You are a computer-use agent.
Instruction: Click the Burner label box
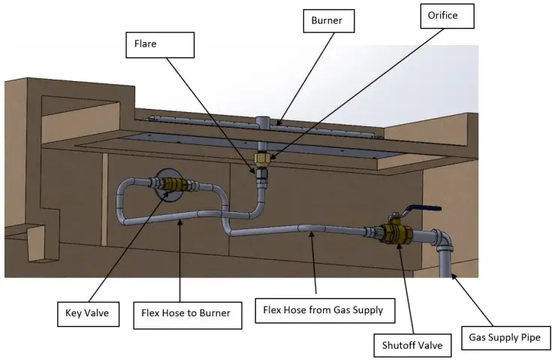click(x=327, y=20)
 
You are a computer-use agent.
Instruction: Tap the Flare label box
click(x=159, y=44)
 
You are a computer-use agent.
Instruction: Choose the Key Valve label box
click(x=89, y=313)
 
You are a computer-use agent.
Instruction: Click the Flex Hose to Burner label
click(x=186, y=313)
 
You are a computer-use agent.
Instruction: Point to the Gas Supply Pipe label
click(x=504, y=337)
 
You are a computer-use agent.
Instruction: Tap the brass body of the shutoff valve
click(x=392, y=232)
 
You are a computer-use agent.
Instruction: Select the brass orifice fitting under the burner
click(x=263, y=159)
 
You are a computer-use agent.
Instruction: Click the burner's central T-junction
click(x=262, y=123)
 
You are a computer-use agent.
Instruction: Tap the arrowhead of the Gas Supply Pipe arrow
click(x=453, y=278)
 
